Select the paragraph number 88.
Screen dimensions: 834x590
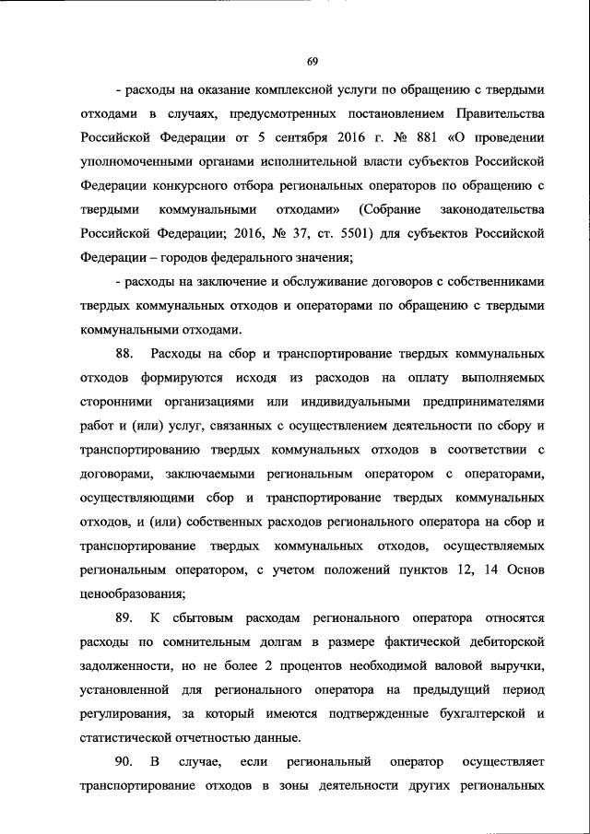point(124,355)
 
